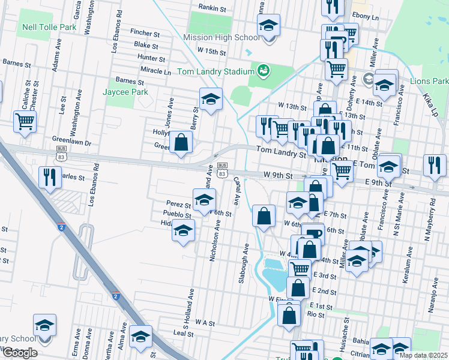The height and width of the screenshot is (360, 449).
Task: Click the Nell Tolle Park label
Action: (49, 28)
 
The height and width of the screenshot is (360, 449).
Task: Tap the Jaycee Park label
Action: (125, 92)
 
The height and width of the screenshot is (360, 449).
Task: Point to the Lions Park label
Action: (429, 81)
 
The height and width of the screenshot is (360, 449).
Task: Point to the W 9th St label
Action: (277, 176)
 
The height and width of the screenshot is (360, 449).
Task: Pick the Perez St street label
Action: (178, 205)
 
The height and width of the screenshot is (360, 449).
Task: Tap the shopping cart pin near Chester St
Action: (25, 121)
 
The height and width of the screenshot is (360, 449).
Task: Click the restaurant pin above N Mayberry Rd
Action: (435, 166)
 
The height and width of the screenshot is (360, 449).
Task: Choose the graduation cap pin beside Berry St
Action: (211, 100)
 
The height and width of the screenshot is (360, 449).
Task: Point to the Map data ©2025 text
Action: (423, 355)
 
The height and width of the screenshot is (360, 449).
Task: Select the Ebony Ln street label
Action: (366, 18)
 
